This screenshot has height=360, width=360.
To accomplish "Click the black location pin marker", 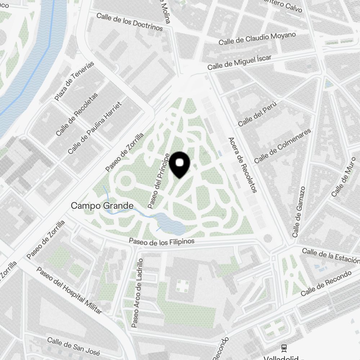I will [x=179, y=164].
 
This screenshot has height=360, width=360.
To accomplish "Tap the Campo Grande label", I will [x=102, y=206].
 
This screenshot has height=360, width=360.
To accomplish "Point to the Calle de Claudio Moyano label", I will [x=257, y=39].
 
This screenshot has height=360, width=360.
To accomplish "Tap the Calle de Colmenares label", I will [x=282, y=146].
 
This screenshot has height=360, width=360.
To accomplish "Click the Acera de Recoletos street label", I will [x=243, y=165].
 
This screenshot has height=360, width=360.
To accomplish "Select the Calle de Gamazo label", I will [x=299, y=212].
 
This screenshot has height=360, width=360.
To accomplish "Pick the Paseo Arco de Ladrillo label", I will [x=138, y=293].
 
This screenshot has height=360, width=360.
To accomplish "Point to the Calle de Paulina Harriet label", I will [x=95, y=128].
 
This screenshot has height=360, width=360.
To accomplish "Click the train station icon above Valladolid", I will [x=284, y=347].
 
